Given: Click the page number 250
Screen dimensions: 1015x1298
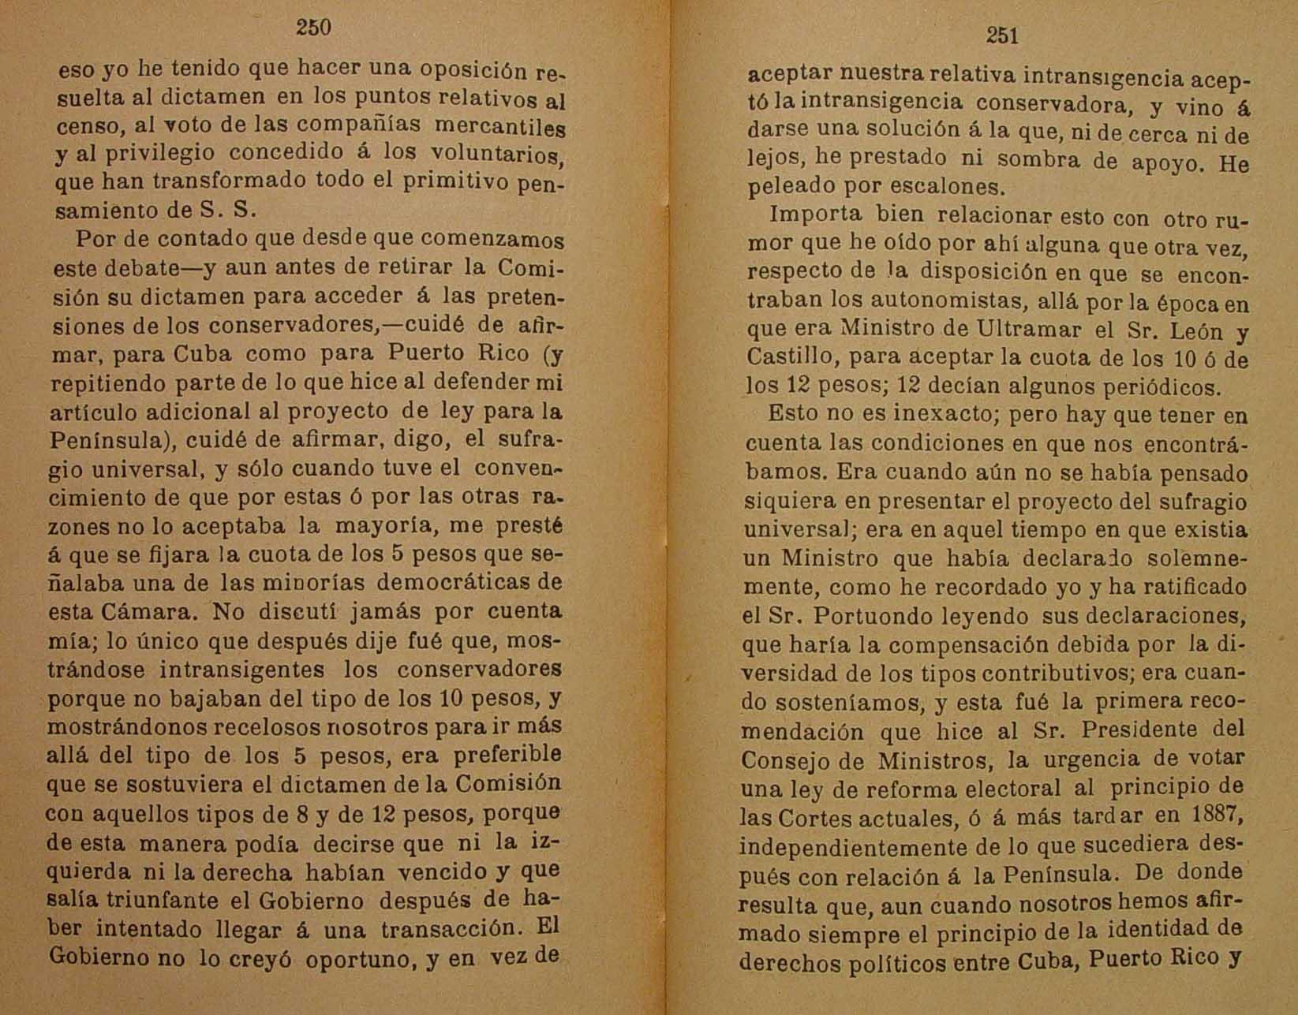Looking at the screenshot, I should (x=313, y=28).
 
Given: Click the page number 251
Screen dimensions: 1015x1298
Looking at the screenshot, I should (x=1001, y=35).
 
